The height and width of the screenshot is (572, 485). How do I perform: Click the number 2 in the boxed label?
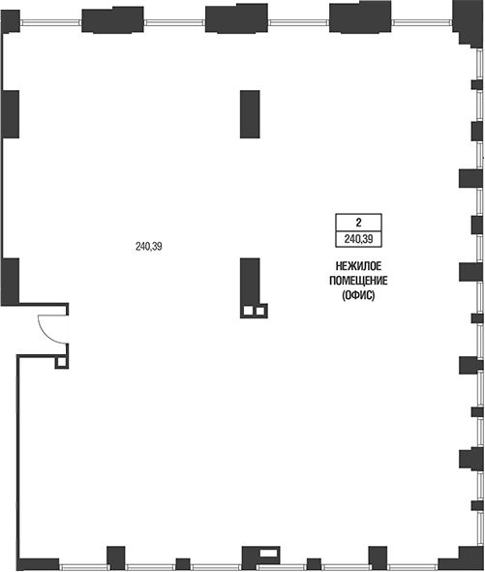click(358, 223)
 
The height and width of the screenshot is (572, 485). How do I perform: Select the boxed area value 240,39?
click(358, 239)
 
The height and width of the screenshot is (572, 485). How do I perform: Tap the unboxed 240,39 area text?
click(148, 247)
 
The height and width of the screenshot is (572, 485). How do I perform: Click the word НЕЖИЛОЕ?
click(358, 266)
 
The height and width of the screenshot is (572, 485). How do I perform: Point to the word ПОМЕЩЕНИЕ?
click(358, 281)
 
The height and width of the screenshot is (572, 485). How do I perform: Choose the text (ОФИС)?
click(358, 295)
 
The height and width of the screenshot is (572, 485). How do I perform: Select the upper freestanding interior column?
click(250, 114)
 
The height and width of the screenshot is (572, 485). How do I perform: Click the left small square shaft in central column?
click(248, 311)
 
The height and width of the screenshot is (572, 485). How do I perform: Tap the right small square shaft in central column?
click(259, 311)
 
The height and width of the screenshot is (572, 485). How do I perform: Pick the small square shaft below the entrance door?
click(61, 362)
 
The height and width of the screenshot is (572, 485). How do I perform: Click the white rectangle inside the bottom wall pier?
click(268, 553)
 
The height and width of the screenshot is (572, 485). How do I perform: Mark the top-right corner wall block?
click(469, 22)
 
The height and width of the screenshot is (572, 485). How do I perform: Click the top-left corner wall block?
click(11, 22)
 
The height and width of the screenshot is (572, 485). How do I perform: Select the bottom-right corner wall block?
click(462, 558)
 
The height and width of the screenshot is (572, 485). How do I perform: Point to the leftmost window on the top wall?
click(50, 22)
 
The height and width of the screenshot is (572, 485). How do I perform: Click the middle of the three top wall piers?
click(236, 18)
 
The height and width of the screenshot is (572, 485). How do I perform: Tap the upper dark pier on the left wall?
click(11, 114)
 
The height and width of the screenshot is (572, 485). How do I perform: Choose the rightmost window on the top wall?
click(423, 22)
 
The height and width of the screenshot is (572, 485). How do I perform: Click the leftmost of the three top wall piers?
click(112, 19)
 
